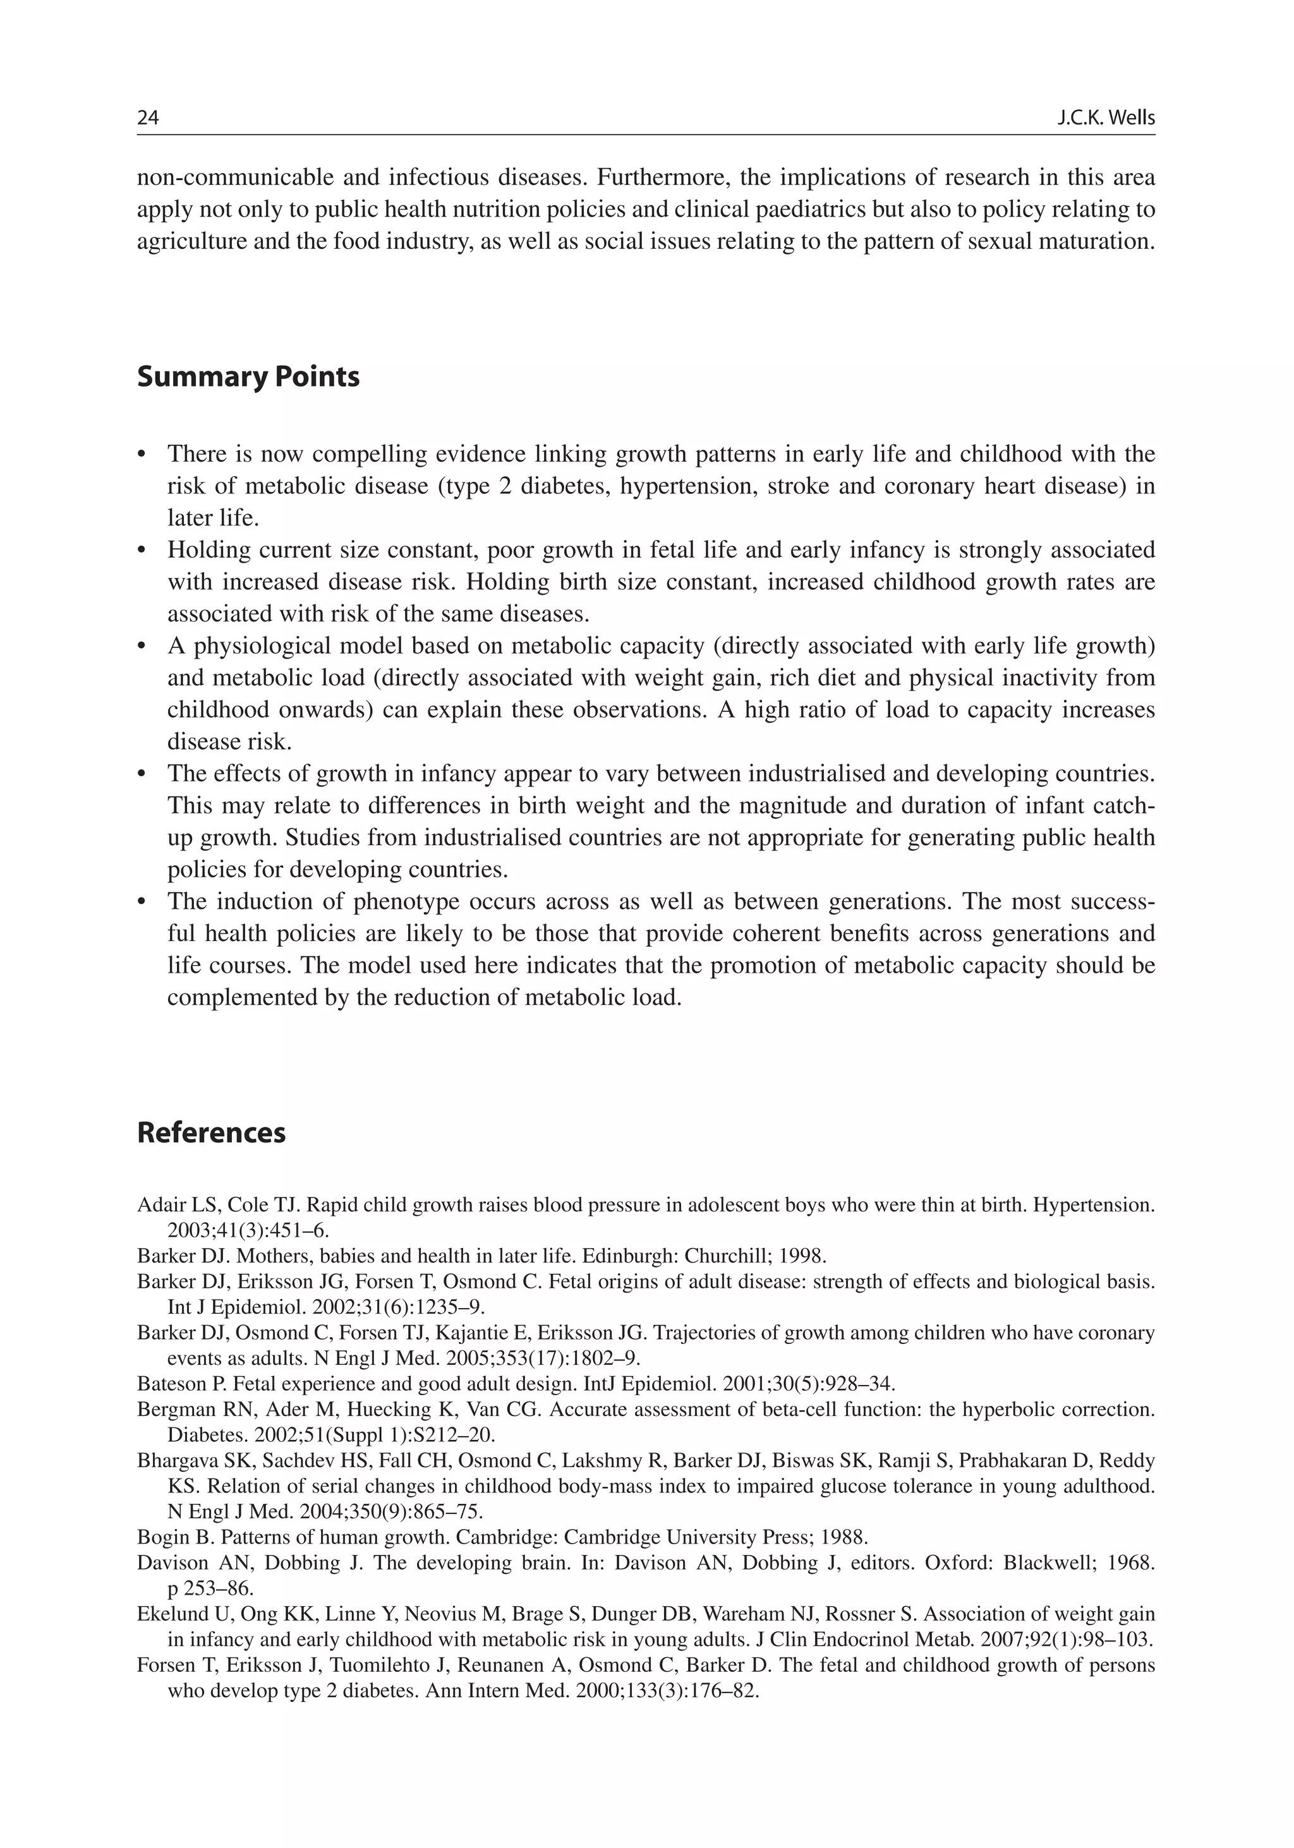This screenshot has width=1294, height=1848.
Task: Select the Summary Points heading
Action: point(248,376)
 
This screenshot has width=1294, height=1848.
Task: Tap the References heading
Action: point(211,1132)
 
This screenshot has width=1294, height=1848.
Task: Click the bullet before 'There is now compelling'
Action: point(143,455)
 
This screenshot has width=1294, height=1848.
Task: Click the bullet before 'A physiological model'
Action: point(143,646)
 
